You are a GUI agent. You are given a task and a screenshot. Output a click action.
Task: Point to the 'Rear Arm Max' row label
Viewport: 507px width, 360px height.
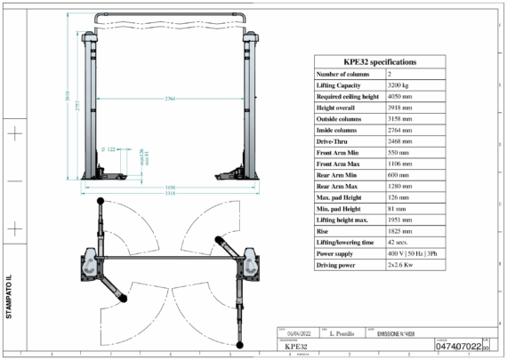click(337, 187)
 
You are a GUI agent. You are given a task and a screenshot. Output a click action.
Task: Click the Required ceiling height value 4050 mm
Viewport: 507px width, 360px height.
click(401, 97)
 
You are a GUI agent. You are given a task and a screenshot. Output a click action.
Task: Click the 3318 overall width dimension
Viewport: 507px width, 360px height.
click(169, 193)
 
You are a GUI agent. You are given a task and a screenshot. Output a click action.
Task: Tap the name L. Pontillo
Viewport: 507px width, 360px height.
click(342, 332)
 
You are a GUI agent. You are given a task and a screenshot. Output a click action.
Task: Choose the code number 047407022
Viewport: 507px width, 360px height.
click(458, 346)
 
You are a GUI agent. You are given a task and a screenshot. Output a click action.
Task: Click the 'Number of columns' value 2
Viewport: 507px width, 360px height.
click(390, 74)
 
